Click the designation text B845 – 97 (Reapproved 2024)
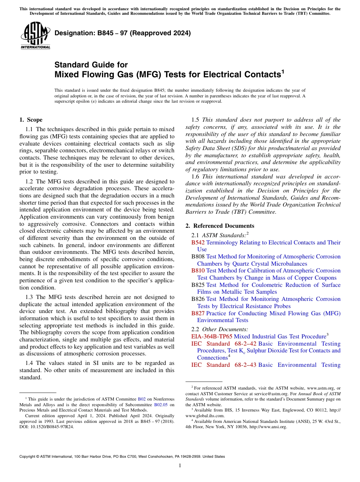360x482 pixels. [x=122, y=33]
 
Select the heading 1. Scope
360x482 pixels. [x=31, y=120]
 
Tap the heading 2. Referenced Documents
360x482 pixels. [x=220, y=226]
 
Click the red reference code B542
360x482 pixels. [x=198, y=242]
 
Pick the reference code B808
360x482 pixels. [x=198, y=257]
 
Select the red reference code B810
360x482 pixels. [x=198, y=271]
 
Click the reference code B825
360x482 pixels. [x=198, y=285]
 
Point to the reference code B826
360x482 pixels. [x=198, y=299]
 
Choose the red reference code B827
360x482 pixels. [x=198, y=313]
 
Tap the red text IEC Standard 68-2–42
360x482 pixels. [x=224, y=344]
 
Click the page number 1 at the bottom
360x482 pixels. [x=180, y=466]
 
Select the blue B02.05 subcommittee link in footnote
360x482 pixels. [x=160, y=405]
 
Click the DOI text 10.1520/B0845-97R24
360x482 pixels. [x=52, y=427]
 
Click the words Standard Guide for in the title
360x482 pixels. [x=91, y=65]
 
